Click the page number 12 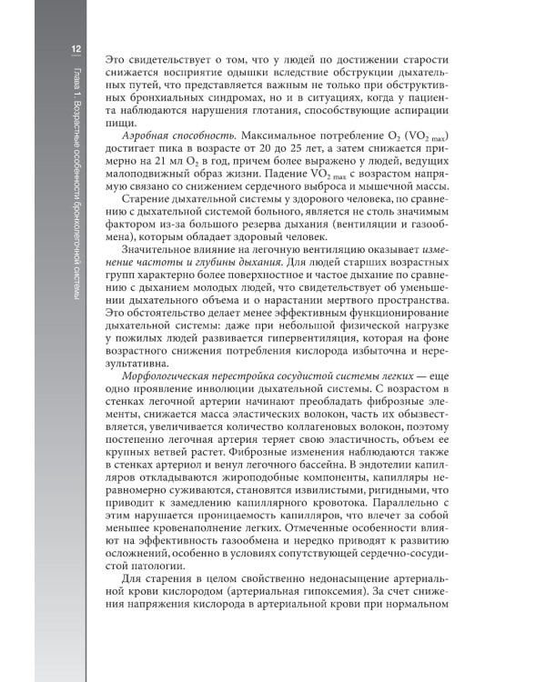click(78, 48)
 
